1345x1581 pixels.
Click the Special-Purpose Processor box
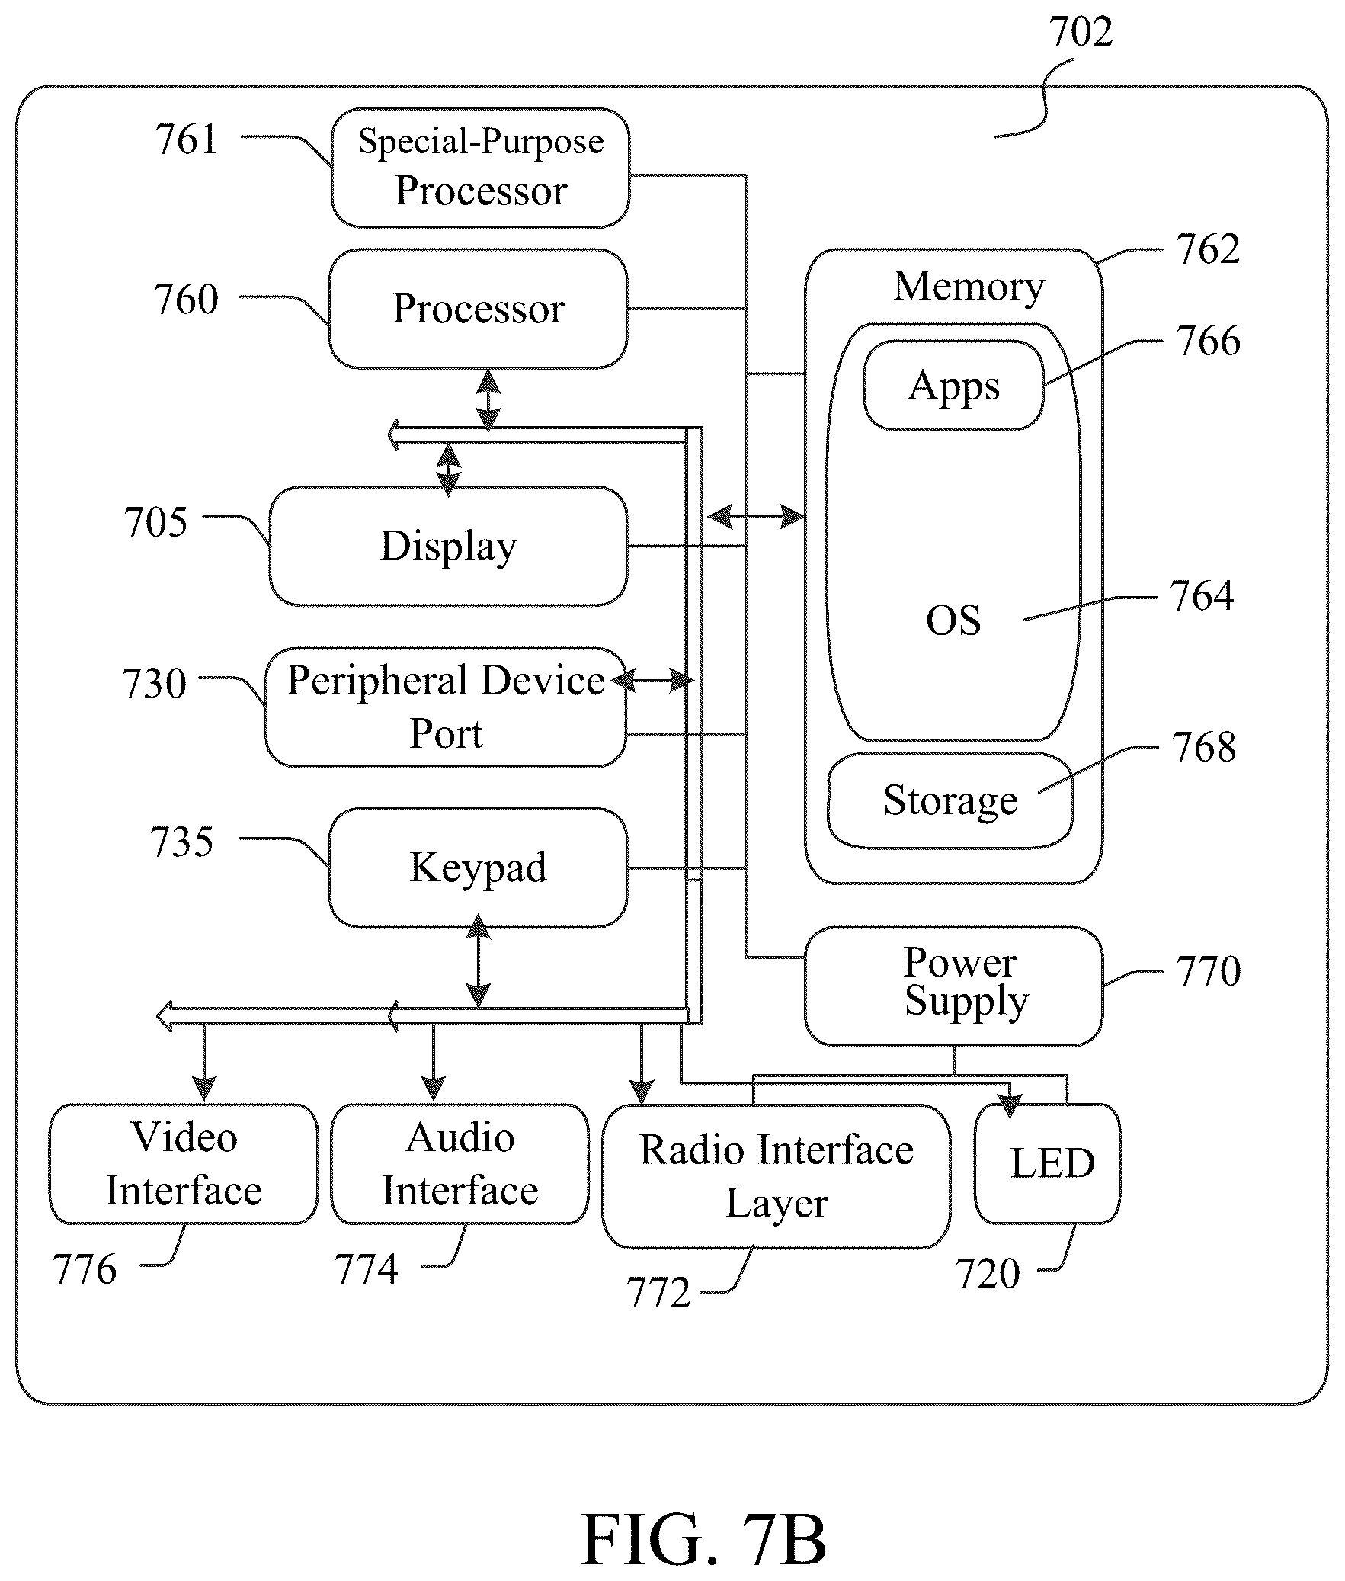[x=480, y=168]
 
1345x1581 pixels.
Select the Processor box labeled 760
[x=478, y=309]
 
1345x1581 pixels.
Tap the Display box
[x=448, y=546]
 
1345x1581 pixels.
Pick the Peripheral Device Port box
[x=446, y=707]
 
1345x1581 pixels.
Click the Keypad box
[x=478, y=868]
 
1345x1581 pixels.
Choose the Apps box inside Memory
[x=953, y=386]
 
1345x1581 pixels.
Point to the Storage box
[x=950, y=801]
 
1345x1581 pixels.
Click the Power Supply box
[x=953, y=986]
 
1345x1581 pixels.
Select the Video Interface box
[x=184, y=1164]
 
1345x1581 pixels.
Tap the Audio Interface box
[x=460, y=1164]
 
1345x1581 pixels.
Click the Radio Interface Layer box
[x=777, y=1176]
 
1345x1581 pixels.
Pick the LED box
[x=1047, y=1164]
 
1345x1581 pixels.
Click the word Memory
[x=969, y=287]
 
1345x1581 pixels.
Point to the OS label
[x=953, y=620]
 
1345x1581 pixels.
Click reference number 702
[x=1081, y=32]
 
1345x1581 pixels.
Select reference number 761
[x=186, y=139]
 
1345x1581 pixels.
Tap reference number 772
[x=658, y=1293]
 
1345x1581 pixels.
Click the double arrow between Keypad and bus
[x=478, y=962]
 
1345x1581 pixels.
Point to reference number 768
[x=1204, y=747]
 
